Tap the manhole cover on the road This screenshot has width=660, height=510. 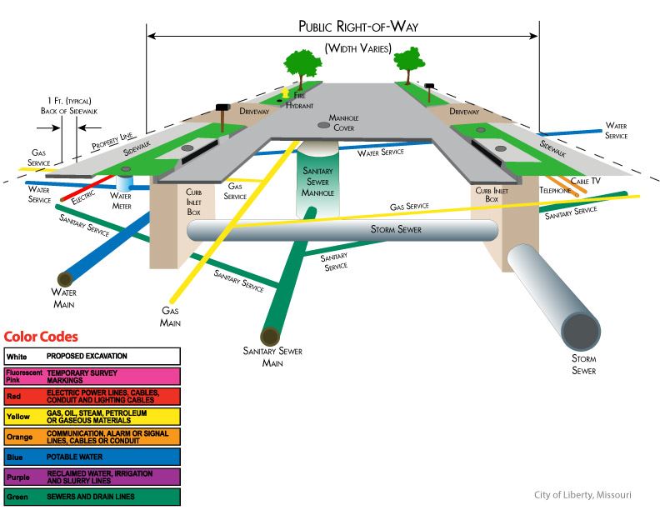point(323,125)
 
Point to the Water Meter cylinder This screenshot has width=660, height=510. point(125,182)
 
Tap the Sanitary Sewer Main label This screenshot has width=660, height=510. point(273,357)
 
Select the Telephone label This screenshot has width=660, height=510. point(555,191)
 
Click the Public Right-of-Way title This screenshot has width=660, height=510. point(358,26)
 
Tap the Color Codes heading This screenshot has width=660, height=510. point(41,337)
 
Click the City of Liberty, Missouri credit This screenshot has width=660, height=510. point(582,495)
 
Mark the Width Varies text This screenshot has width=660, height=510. point(357,48)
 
